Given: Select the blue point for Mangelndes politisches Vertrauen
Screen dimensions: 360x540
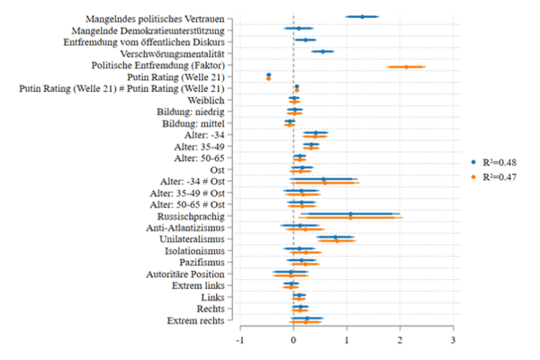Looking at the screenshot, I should (362, 16).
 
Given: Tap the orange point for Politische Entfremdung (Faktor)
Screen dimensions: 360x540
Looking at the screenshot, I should (406, 67).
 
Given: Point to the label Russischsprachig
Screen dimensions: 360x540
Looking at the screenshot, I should (189, 216).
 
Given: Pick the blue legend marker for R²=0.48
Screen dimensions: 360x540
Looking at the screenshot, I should (473, 161).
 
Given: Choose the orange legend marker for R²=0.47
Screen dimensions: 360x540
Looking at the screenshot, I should (473, 177).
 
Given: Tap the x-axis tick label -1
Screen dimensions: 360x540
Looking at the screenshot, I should (239, 340).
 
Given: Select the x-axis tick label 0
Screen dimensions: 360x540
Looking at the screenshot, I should (293, 340).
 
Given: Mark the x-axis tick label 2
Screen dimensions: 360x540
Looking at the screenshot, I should (400, 340).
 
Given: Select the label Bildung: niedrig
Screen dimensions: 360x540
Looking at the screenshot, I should (192, 112).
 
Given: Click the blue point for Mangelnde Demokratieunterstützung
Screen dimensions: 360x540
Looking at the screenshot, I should (299, 28).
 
